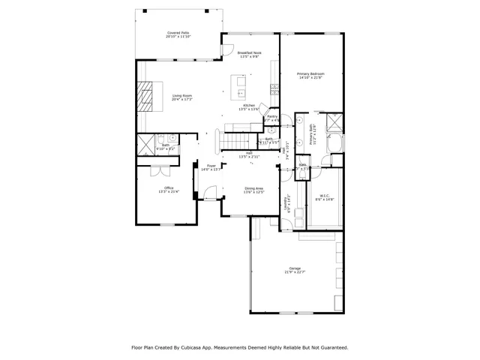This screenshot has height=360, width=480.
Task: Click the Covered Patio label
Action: (x=177, y=35)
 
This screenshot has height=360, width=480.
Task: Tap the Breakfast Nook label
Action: (x=250, y=55)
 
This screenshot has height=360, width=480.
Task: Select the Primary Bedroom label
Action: (x=310, y=76)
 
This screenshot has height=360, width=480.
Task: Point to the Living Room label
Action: (x=182, y=97)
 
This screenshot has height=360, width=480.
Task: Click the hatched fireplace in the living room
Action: (x=147, y=97)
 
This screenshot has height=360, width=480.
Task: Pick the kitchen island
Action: (x=242, y=94)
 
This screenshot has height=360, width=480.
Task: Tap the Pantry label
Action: (x=272, y=118)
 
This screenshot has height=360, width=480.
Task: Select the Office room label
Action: (x=165, y=190)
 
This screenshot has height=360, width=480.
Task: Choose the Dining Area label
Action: (x=253, y=190)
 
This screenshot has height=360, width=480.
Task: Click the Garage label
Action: (x=295, y=270)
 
